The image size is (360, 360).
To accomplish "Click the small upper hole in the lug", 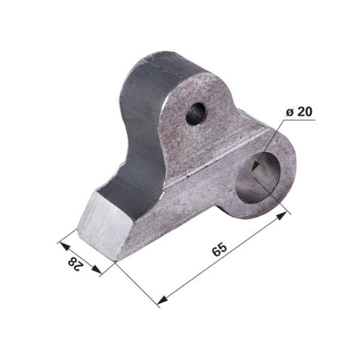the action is click(196, 113).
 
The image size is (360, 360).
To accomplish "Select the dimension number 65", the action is click(220, 250).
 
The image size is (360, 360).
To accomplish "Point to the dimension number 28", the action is click(75, 264).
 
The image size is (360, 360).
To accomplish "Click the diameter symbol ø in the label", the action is click(290, 113).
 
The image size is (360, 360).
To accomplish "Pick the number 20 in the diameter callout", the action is click(305, 112).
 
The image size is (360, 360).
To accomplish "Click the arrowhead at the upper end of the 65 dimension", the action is click(282, 215).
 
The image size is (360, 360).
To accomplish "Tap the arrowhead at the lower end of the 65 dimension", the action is click(162, 299).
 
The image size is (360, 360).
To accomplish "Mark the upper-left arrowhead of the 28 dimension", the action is click(65, 247).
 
